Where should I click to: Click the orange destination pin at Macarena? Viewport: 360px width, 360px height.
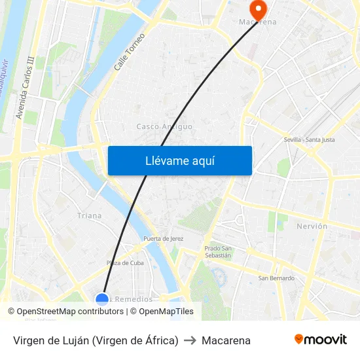258,9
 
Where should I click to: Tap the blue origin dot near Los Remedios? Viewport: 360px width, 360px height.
102,300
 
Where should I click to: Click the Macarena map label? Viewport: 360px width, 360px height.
257,22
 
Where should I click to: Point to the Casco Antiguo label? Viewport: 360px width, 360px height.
164,126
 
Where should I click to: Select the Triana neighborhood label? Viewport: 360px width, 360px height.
90,215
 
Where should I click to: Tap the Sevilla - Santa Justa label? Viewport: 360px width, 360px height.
310,139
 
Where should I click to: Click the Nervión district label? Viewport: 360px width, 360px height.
312,226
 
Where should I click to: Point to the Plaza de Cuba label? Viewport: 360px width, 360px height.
125,263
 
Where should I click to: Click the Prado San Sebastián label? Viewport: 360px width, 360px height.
218,251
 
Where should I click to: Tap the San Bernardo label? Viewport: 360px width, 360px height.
276,278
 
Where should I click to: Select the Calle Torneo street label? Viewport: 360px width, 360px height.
129,52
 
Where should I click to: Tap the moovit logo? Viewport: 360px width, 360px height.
321,340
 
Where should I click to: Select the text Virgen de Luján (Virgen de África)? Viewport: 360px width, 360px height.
96,340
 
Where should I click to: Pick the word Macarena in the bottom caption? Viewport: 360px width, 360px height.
226,340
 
